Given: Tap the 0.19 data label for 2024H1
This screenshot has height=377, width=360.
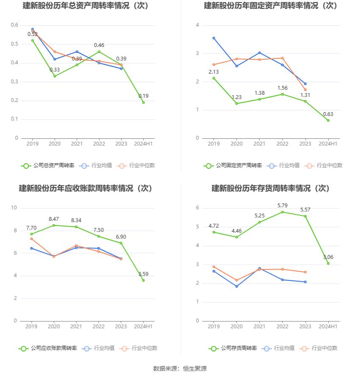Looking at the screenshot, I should click(x=144, y=96).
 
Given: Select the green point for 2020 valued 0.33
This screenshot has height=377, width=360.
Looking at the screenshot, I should click(x=55, y=76).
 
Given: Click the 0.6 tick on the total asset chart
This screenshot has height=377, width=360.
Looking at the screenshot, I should click(x=14, y=25).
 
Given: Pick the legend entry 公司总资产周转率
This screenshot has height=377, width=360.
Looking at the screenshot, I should click(x=47, y=166).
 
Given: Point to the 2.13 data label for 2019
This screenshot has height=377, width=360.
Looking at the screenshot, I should click(x=214, y=72).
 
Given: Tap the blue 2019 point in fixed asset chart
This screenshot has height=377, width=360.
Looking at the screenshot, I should click(x=214, y=38).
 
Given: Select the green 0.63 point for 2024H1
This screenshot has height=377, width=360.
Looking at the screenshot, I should click(x=328, y=120).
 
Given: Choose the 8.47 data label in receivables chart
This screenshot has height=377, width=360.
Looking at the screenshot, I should click(x=54, y=219).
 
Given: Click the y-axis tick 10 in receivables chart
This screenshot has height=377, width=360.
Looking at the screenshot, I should click(x=14, y=208).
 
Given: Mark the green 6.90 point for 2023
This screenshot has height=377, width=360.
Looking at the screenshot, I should click(x=121, y=243).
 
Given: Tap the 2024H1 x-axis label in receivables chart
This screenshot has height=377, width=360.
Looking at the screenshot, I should click(x=144, y=327).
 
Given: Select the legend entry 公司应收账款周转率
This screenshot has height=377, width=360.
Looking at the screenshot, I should click(x=47, y=348).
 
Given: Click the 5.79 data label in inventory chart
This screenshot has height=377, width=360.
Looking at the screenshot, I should click(x=282, y=206).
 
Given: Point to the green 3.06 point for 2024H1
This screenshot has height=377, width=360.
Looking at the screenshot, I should click(x=328, y=263).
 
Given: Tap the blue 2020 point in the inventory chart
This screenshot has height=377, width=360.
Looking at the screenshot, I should click(x=237, y=286).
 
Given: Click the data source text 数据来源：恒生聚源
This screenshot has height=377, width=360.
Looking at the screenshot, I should click(x=180, y=369).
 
